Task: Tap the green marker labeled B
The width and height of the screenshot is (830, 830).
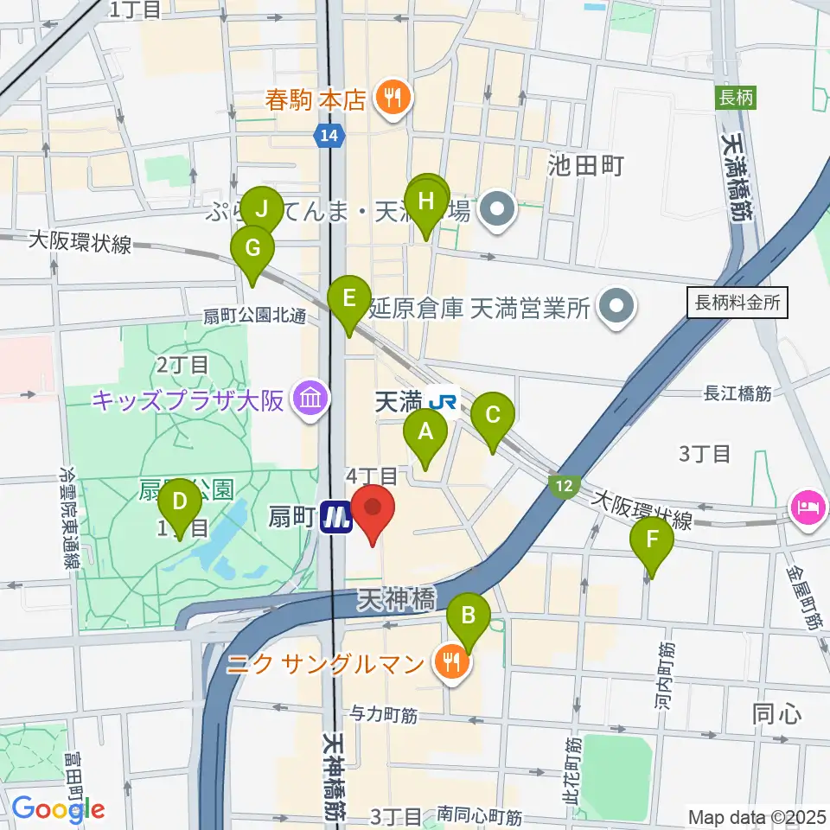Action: click(x=469, y=616)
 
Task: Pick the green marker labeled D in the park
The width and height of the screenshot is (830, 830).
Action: click(x=180, y=501)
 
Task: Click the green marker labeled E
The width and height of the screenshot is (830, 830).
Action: click(x=349, y=299)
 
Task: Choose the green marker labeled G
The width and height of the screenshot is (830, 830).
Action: click(x=252, y=249)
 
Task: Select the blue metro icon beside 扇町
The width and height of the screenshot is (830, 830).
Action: click(x=335, y=518)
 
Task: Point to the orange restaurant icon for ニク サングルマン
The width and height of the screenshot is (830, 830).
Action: click(x=450, y=664)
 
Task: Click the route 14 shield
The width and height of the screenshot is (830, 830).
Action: click(x=329, y=136)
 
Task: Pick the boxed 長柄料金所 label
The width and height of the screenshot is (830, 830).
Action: click(x=737, y=303)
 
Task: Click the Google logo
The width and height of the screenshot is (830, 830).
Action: click(x=58, y=809)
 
